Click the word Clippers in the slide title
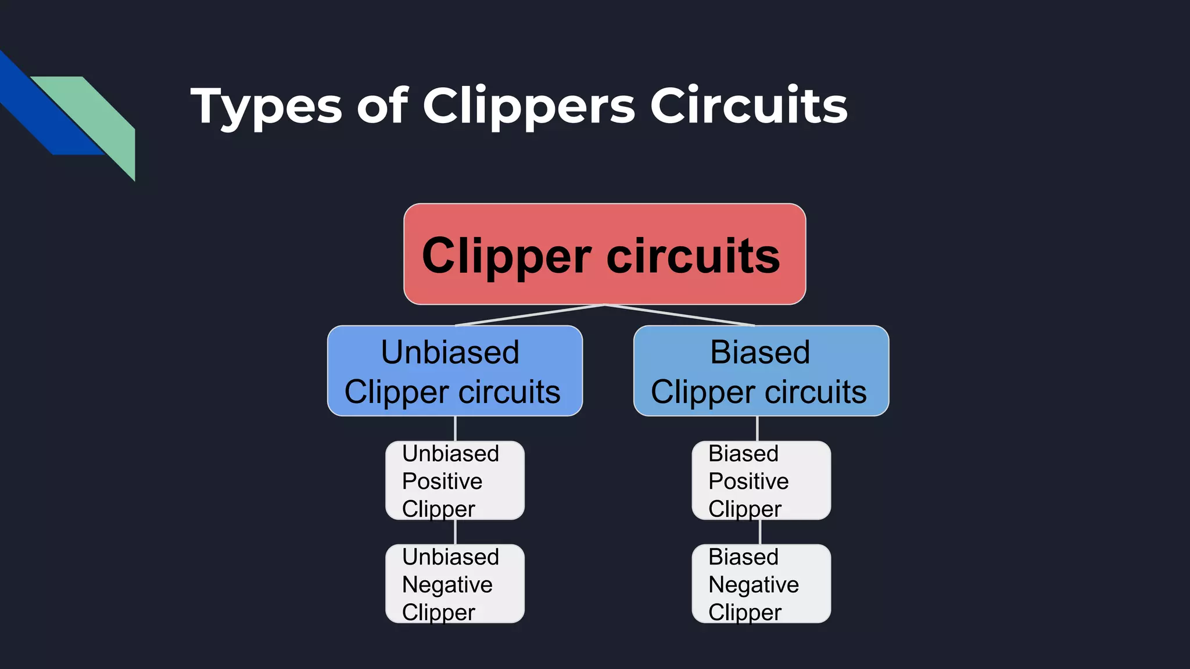529,106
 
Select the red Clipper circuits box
604,254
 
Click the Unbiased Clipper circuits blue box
454,371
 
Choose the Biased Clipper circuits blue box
761,371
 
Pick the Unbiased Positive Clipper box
454,480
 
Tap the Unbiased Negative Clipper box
454,584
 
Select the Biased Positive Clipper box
761,480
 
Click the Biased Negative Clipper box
761,584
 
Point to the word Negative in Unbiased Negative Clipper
447,585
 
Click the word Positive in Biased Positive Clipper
748,481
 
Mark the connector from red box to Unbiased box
529,315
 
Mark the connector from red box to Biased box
680,315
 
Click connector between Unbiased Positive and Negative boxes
455,532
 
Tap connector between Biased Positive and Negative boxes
759,532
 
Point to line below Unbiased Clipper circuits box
455,429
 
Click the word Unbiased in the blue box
450,353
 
